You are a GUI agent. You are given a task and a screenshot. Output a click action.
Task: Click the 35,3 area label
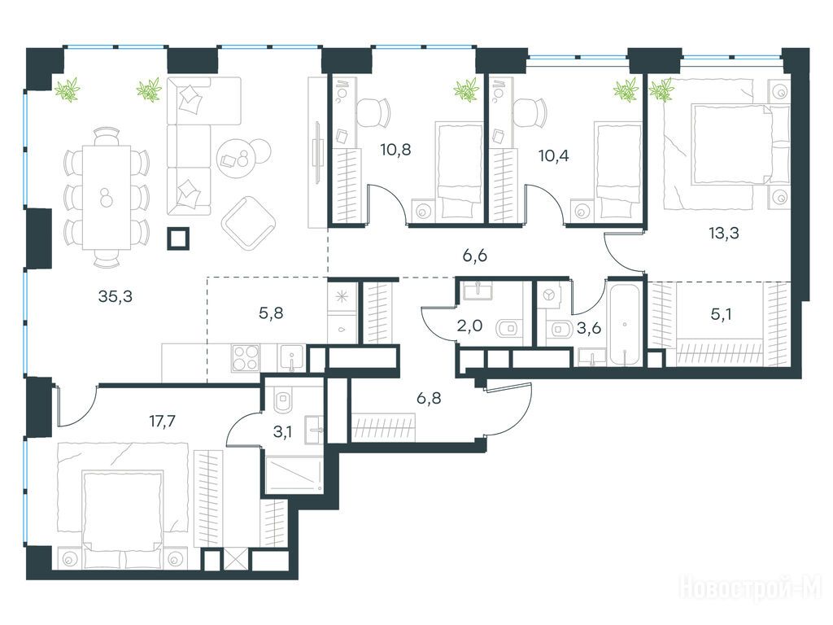[x=116, y=297]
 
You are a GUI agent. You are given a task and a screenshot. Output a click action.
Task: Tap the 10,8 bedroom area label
[x=396, y=150]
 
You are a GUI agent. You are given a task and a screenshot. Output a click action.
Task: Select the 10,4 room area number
[x=553, y=155]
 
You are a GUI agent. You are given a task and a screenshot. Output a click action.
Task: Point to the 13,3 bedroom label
[x=724, y=233]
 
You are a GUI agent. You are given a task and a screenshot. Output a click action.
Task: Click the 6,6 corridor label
[x=475, y=256]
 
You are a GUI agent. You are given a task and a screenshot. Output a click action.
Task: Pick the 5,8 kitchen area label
[x=271, y=313]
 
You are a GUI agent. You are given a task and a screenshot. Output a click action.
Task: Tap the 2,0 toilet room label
[x=469, y=326]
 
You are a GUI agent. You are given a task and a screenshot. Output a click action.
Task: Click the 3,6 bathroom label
[x=589, y=329]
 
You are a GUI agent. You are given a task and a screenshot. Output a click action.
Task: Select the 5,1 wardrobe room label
[x=722, y=315]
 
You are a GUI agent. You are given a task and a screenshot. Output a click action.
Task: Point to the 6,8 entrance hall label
[x=429, y=397]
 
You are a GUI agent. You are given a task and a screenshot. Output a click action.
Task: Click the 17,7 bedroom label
[x=162, y=422]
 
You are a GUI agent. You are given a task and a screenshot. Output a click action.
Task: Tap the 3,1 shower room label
[x=282, y=432]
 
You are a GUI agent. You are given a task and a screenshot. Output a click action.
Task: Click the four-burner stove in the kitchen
[x=246, y=358]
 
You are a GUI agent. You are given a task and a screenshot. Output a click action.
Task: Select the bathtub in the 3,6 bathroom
[x=624, y=324]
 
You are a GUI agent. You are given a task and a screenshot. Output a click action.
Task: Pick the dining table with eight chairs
[x=107, y=197]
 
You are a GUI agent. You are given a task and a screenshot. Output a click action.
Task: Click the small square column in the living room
[x=178, y=238]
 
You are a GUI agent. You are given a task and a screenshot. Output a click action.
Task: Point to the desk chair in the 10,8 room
[x=373, y=113]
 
